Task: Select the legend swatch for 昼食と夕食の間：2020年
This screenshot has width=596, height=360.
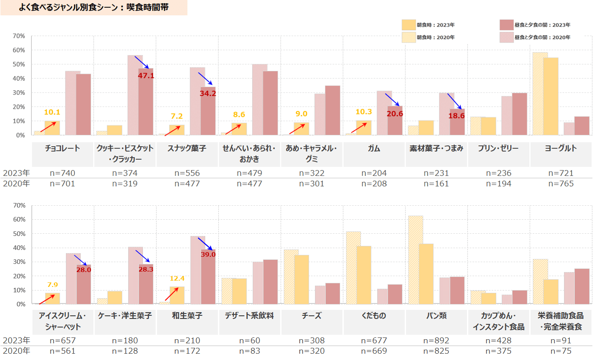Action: pyautogui.click(x=506, y=37)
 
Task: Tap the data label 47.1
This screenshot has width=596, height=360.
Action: pyautogui.click(x=146, y=76)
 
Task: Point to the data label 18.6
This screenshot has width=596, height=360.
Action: pyautogui.click(x=457, y=116)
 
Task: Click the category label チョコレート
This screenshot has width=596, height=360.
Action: pyautogui.click(x=63, y=148)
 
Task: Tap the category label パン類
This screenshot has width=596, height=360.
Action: pyautogui.click(x=436, y=316)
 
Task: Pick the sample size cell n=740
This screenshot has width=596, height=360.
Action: pyautogui.click(x=63, y=173)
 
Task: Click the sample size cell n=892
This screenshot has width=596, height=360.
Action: pyautogui.click(x=436, y=341)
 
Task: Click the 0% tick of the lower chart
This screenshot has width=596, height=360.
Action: pyautogui.click(x=20, y=304)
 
